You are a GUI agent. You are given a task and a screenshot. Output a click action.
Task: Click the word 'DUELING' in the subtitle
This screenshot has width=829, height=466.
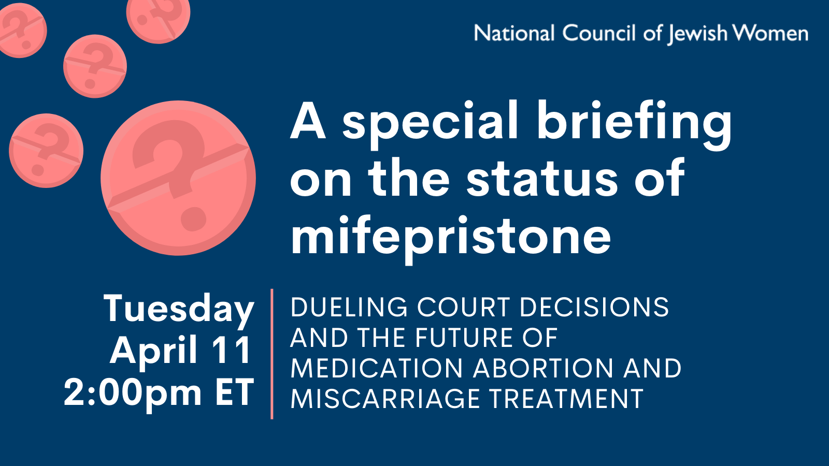349,307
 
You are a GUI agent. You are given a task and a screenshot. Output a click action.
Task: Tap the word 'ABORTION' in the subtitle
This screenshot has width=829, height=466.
543,368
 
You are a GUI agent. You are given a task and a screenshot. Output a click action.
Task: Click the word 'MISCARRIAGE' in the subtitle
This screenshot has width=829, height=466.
385,399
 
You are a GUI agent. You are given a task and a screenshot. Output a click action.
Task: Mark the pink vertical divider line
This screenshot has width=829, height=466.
272,354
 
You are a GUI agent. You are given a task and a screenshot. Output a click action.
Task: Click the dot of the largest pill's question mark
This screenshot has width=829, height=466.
193,219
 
